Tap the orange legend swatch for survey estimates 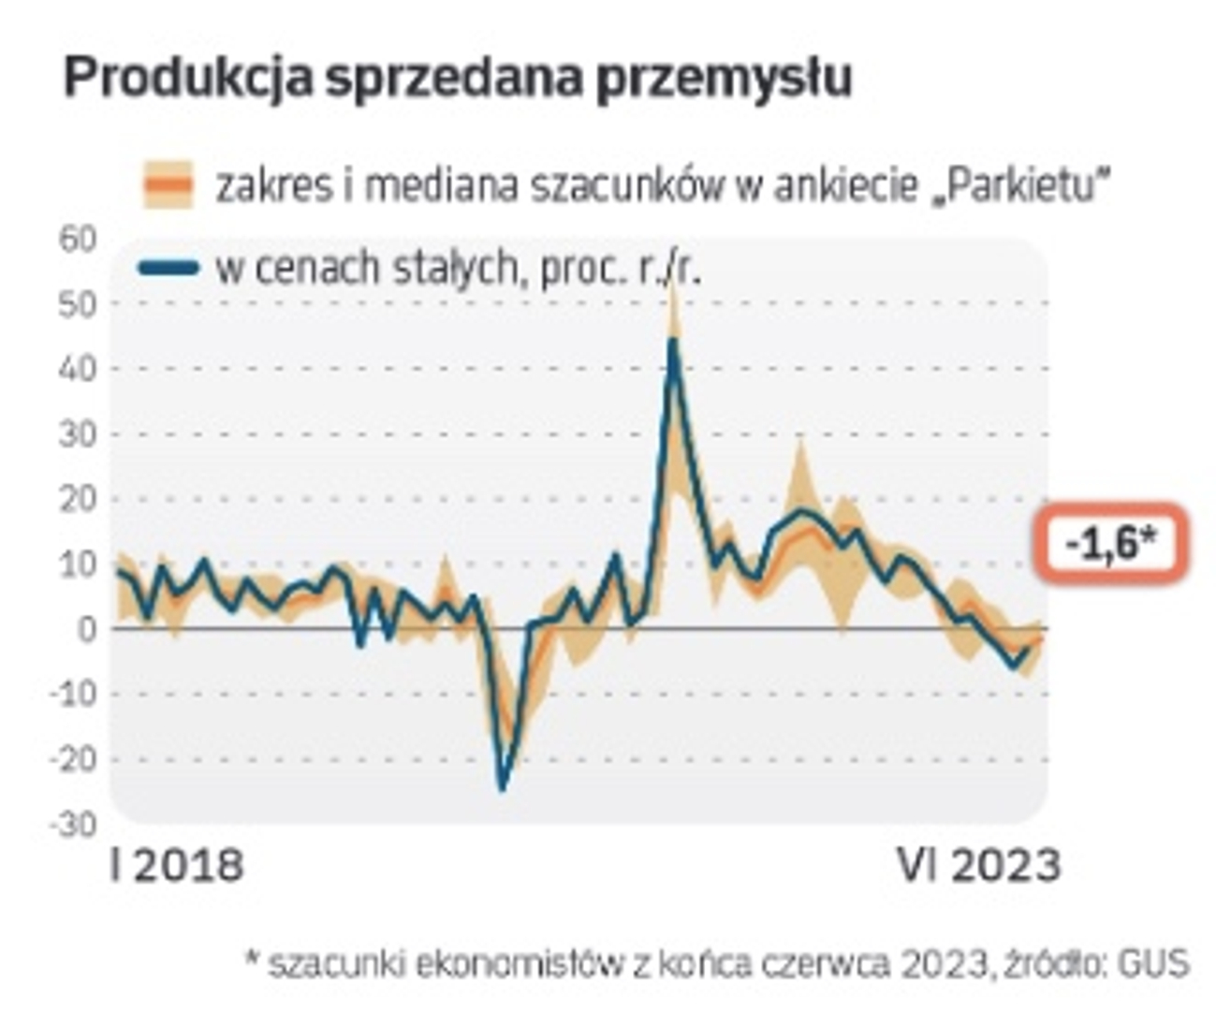(168, 184)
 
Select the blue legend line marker (168, 269)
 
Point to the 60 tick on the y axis (79, 240)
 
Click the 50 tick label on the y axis (79, 304)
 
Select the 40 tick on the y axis (79, 369)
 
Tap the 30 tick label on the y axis (79, 434)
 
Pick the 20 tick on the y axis (79, 499)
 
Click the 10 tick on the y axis (79, 564)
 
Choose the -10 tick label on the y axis (73, 695)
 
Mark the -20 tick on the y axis (73, 759)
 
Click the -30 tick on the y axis (73, 825)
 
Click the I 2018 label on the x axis (177, 866)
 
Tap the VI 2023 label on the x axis (979, 866)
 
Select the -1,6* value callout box (1110, 543)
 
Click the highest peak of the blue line (672, 342)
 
